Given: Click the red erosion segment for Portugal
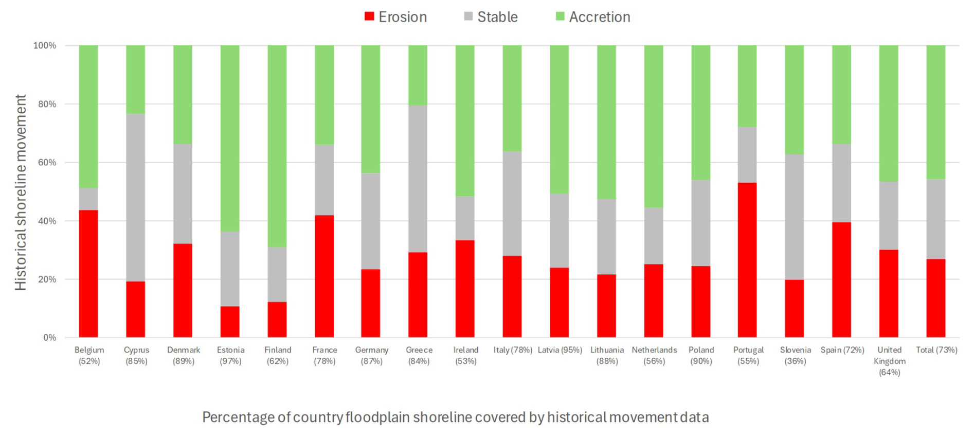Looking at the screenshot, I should tap(747, 260).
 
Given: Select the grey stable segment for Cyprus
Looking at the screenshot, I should tap(135, 197).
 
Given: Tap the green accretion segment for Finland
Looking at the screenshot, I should tap(277, 146).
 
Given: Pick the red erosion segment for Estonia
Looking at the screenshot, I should tap(230, 322).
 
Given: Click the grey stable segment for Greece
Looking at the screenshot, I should tap(418, 179).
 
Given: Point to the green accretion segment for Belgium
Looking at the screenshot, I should tap(88, 116).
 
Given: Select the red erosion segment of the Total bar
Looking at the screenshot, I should tap(935, 298).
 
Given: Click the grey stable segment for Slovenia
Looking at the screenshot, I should tap(794, 217).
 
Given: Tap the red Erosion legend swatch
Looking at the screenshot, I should tap(369, 16).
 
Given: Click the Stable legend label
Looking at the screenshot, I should tap(497, 17).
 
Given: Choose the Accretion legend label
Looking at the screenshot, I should tap(599, 17).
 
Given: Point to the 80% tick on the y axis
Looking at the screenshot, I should tap(45, 104).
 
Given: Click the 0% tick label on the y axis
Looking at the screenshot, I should tap(49, 338).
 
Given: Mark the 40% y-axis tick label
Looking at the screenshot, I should tap(45, 221).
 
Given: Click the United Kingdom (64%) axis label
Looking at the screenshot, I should tap(889, 361).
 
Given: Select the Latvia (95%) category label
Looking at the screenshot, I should tap(560, 350).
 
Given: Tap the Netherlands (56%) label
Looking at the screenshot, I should tap(654, 355).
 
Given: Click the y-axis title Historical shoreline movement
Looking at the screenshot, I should tap(21, 192).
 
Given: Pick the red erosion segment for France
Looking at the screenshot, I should tap(324, 276).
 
